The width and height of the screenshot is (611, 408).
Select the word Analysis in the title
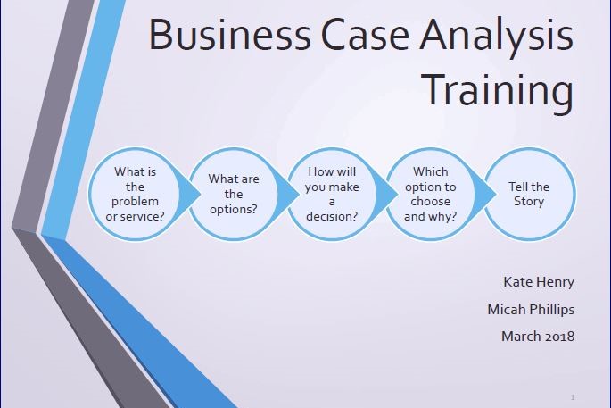(x=500, y=37)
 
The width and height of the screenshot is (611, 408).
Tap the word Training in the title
(x=497, y=90)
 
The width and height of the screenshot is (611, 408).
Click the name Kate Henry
(x=539, y=283)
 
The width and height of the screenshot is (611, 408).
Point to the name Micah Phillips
(x=531, y=310)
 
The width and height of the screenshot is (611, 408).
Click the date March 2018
(x=538, y=337)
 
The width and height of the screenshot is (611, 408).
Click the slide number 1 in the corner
(x=572, y=395)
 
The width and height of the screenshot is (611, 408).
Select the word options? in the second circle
(x=234, y=209)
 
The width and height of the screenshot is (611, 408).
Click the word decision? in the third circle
(x=332, y=215)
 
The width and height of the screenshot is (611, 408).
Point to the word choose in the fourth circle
(x=431, y=202)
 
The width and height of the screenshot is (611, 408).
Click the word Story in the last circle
(x=529, y=201)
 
